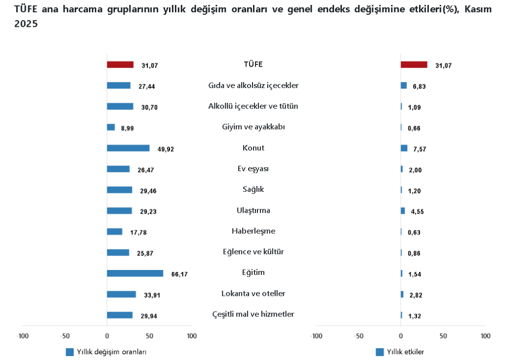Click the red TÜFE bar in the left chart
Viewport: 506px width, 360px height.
point(120,64)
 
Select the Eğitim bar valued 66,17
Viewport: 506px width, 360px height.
point(135,273)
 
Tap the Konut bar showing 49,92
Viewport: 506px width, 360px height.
point(128,148)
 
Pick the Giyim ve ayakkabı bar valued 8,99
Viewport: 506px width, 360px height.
point(111,127)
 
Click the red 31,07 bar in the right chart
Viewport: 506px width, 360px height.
point(414,64)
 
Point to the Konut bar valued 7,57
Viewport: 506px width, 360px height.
point(404,148)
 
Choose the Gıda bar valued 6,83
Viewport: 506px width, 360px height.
point(403,86)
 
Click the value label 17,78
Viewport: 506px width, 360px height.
point(138,232)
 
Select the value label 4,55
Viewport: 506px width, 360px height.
point(417,212)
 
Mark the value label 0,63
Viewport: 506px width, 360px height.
point(414,232)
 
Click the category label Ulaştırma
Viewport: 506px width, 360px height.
point(253,210)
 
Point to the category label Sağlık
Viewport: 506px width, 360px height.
point(253,189)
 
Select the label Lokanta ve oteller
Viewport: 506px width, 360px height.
point(253,294)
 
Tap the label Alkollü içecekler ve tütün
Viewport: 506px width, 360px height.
point(253,106)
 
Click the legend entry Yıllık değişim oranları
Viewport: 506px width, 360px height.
point(111,352)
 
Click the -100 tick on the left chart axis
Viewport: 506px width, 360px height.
point(22,336)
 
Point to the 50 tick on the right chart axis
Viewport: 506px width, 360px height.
point(443,336)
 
